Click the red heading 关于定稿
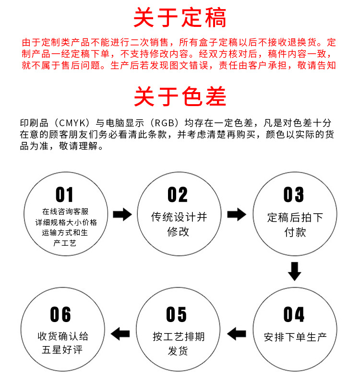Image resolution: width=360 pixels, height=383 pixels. tap(180, 18)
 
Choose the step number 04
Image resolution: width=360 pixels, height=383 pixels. tap(294, 315)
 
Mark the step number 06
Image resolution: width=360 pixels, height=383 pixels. tap(60, 315)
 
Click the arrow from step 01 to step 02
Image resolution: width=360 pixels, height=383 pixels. tap(122, 215)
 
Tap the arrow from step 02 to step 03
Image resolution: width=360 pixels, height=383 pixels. tap(236, 215)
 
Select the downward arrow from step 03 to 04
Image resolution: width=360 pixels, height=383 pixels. tap(294, 271)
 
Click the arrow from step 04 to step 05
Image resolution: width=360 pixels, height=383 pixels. tap(236, 333)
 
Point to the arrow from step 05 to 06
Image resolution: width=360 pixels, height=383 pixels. tap(120, 333)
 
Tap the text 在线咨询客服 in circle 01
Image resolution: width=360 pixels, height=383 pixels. tap(65, 212)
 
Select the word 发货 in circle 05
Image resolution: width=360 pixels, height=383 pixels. tap(178, 351)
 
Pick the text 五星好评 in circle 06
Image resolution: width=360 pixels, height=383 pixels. tap(62, 350)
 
